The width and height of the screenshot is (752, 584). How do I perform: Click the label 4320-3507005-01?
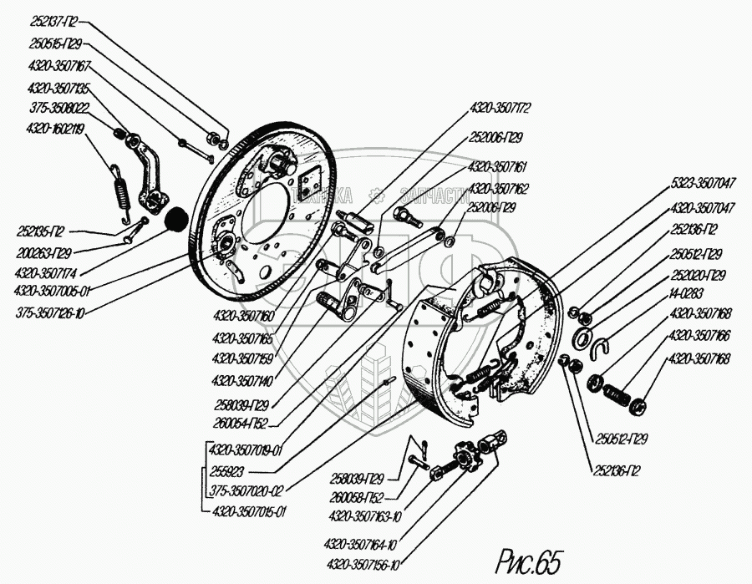coord(53,292)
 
